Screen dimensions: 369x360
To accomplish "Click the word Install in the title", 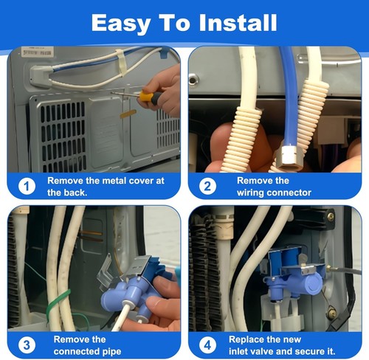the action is pyautogui.click(x=238, y=23).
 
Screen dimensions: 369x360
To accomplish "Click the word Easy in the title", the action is pyautogui.click(x=120, y=24).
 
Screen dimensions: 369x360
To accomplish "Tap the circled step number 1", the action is pyautogui.click(x=27, y=186).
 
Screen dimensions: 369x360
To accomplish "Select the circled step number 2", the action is pyautogui.click(x=207, y=186).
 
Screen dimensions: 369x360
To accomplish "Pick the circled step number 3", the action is pyautogui.click(x=27, y=345).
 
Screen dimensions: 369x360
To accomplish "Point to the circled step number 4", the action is pyautogui.click(x=207, y=345).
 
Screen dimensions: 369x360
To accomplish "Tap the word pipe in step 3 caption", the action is pyautogui.click(x=111, y=352).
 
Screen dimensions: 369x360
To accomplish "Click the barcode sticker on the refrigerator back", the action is pyautogui.click(x=38, y=52).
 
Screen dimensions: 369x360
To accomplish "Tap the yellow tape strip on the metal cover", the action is pyautogui.click(x=128, y=114).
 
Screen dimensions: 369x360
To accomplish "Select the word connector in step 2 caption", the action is pyautogui.click(x=288, y=193).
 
